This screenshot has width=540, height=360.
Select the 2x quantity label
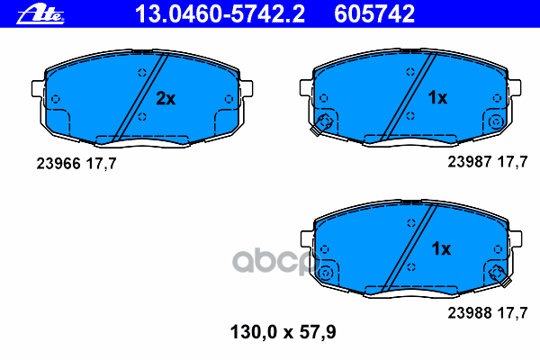coord(165,98)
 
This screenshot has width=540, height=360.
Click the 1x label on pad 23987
coord(436,97)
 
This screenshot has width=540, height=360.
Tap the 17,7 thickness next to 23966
coord(99,164)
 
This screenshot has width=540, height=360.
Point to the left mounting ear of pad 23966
coord(37,90)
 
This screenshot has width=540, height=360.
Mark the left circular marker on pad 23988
coord(327,273)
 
